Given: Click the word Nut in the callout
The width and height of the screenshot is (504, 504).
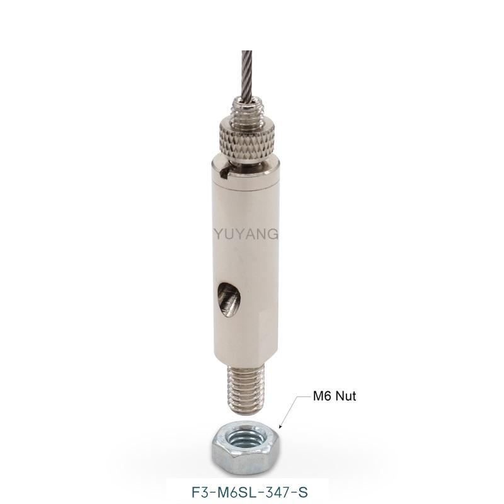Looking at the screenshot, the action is [x=344, y=396].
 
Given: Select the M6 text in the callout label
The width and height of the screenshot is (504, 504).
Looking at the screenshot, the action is [x=321, y=396].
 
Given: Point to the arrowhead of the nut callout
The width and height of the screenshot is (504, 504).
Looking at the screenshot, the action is [x=280, y=427].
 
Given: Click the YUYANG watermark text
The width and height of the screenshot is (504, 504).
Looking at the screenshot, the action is [x=246, y=234].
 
